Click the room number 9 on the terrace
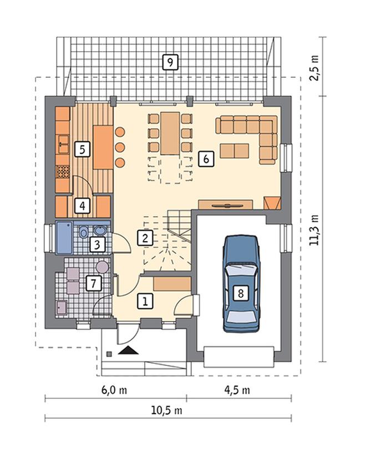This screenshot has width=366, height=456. coord(170,62)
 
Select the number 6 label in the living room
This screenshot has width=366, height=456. coord(206,159)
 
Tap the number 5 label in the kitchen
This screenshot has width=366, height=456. coord(82,149)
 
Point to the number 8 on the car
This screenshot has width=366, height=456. coord(241,293)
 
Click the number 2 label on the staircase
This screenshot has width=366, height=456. coord(145,238)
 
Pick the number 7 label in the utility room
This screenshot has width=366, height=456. coord(94,283)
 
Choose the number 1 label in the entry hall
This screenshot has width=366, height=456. coord(145,300)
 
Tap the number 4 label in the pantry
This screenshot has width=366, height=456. coord(83,206)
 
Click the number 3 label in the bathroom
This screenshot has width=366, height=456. coord(97,244)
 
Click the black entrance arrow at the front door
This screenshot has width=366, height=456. coord(128,350)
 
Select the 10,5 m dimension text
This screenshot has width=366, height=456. coord(166,410)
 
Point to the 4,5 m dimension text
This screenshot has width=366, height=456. coord(237,390)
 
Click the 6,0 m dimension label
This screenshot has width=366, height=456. coord(114,390)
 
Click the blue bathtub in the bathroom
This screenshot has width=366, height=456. coord(64,237)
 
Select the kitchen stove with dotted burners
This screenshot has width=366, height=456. coord(63,172)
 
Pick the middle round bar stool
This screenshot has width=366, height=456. coord(120,147)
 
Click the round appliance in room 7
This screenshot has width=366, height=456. coord(102,267)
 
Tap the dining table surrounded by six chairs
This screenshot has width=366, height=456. coord(170,133)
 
